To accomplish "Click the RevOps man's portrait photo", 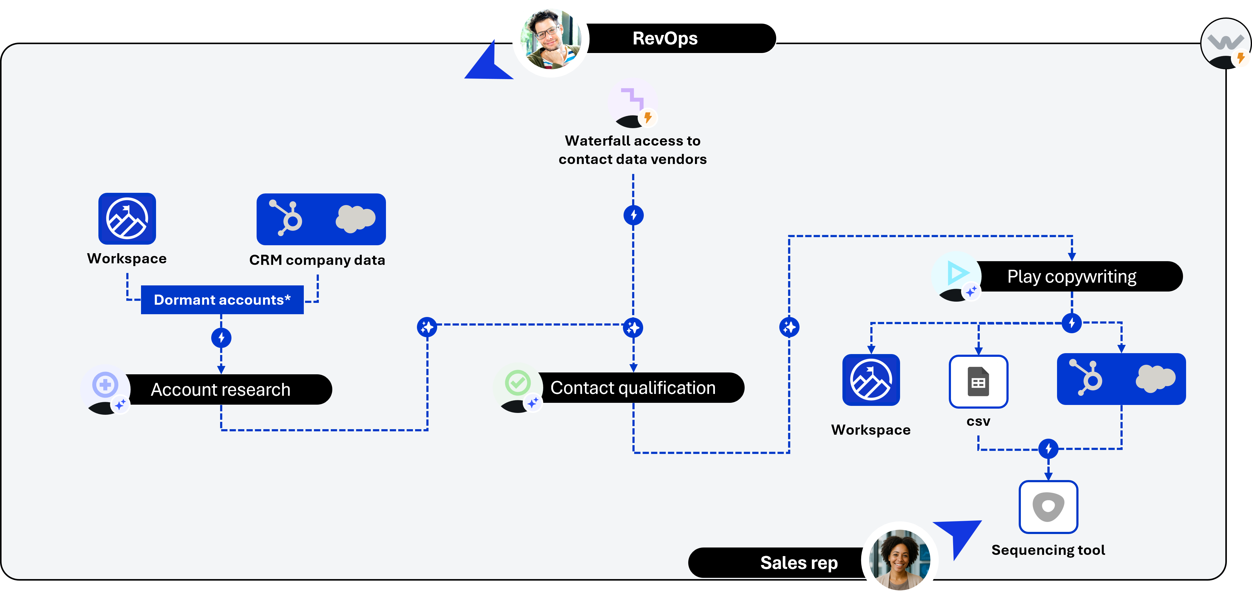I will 551,39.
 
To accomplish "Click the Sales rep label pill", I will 778,563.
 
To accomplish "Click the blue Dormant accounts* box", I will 222,300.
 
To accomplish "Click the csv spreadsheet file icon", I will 978,382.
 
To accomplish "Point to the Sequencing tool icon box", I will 1048,507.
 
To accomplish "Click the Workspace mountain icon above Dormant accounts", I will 127,219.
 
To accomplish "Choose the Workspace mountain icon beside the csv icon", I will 871,380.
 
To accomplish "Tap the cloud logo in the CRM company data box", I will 355,219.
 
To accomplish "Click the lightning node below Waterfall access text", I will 633,215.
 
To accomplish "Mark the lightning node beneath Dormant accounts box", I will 221,338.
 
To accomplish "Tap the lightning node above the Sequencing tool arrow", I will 1048,448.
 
